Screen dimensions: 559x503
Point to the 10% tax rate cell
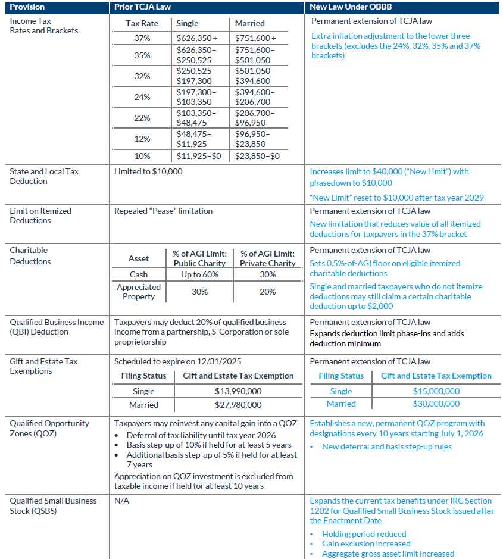click(142, 156)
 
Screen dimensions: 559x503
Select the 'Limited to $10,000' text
click(148, 171)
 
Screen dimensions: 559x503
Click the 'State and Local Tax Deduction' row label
click(44, 176)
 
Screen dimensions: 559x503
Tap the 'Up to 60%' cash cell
click(199, 274)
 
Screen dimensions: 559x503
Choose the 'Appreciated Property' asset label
click(139, 292)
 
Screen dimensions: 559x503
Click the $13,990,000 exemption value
click(238, 391)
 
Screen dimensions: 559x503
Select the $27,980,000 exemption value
click(238, 405)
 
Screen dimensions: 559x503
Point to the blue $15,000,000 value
click(436, 391)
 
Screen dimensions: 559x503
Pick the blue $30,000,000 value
click(436, 404)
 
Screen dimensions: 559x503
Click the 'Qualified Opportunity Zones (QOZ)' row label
click(49, 428)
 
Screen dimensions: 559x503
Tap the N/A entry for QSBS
click(121, 501)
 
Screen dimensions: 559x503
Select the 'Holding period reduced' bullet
click(364, 534)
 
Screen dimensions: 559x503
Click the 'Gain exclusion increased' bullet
click(366, 544)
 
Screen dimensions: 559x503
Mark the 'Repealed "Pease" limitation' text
click(163, 211)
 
